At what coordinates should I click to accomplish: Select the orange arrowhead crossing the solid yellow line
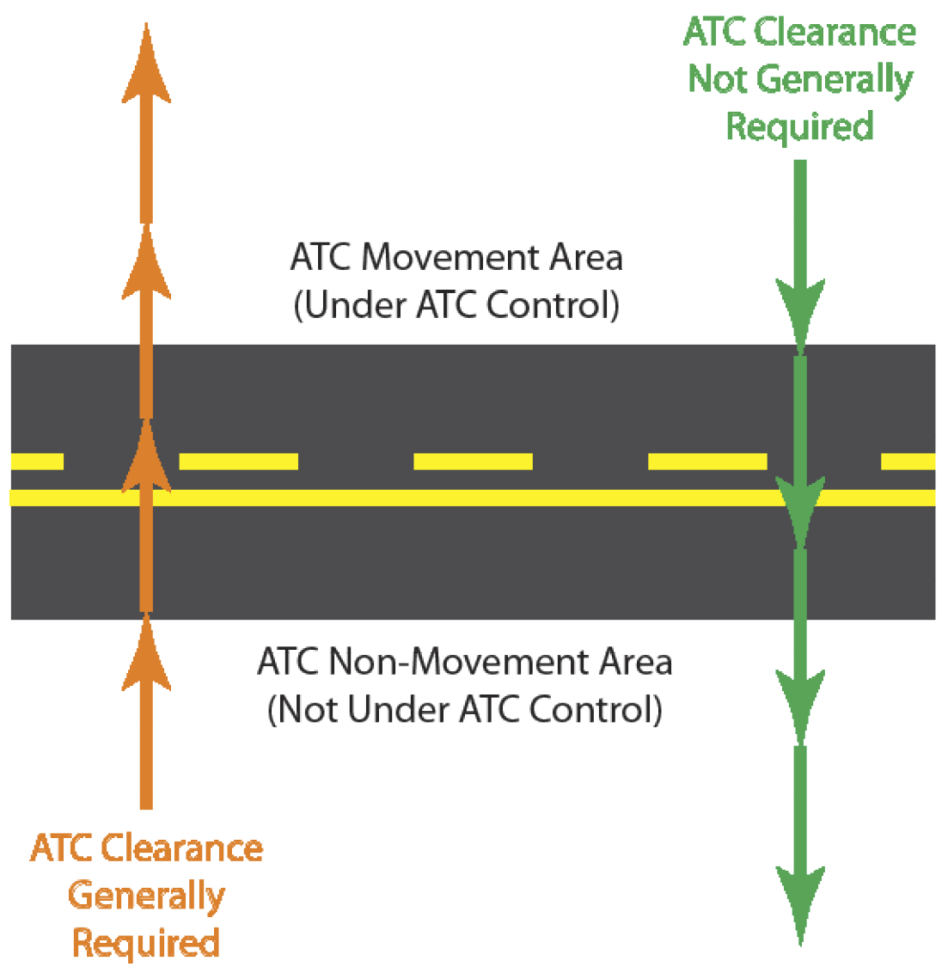click(146, 460)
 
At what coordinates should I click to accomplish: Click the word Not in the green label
click(720, 80)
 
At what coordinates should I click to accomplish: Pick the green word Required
click(799, 125)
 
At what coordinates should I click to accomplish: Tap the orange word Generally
click(146, 896)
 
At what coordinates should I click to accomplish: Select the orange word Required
click(146, 942)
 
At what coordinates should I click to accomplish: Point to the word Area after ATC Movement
click(582, 258)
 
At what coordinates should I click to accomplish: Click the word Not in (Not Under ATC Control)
click(304, 710)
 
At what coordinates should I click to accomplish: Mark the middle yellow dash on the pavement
click(473, 462)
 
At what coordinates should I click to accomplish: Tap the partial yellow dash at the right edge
click(908, 462)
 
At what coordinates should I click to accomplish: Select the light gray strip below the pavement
click(516, 638)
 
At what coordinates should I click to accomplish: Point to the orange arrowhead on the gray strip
click(146, 653)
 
